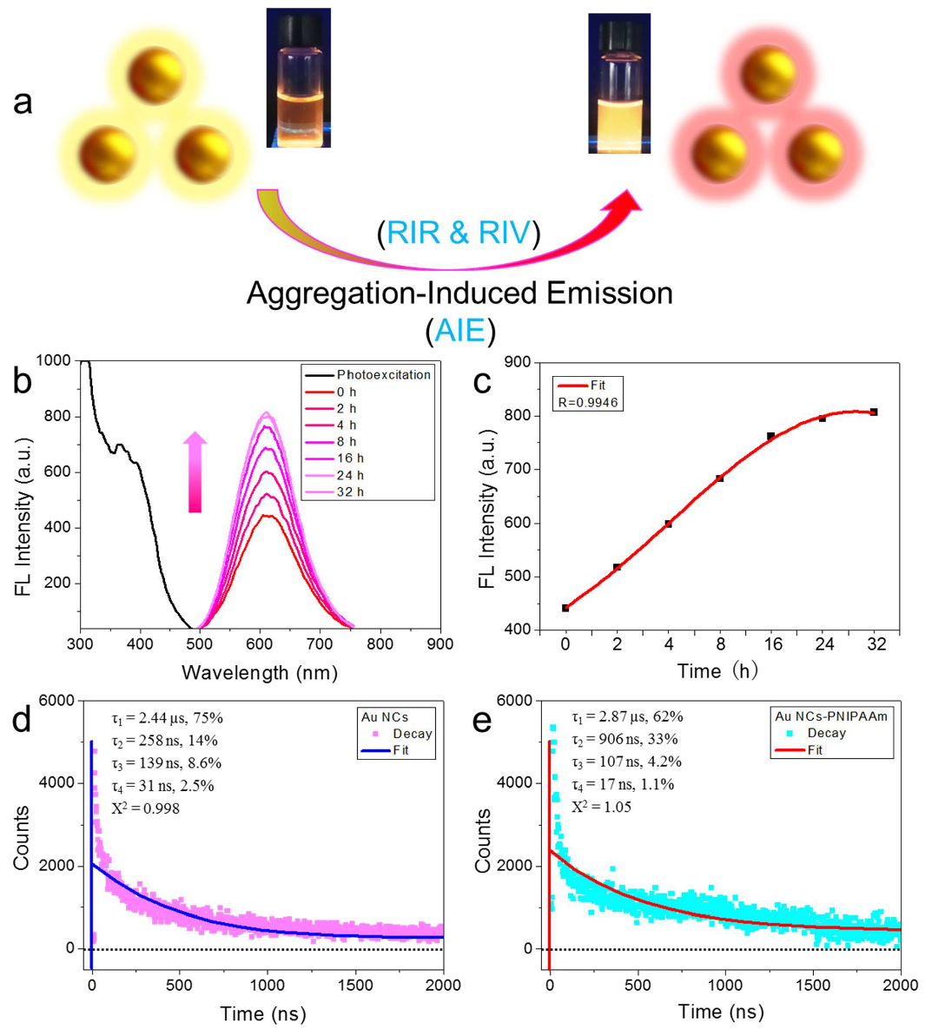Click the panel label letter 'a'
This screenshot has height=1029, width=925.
point(23,102)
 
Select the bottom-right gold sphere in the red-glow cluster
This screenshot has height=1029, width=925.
point(815,150)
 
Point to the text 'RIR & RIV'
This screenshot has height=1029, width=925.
point(459,233)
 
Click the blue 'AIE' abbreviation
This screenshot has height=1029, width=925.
point(460,331)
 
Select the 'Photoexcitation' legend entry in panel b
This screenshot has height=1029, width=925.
point(383,375)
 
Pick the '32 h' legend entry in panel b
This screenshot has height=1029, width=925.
point(350,491)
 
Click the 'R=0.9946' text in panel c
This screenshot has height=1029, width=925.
point(587,402)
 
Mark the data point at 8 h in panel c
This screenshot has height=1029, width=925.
point(719,478)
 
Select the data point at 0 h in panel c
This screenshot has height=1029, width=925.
point(565,608)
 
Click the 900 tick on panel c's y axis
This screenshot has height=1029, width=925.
point(519,362)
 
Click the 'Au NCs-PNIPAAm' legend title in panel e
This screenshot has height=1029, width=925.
point(831,716)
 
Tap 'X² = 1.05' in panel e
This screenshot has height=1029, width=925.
point(601,807)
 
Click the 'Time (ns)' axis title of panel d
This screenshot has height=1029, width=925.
point(262,1013)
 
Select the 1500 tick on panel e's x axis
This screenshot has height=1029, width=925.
point(813,985)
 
